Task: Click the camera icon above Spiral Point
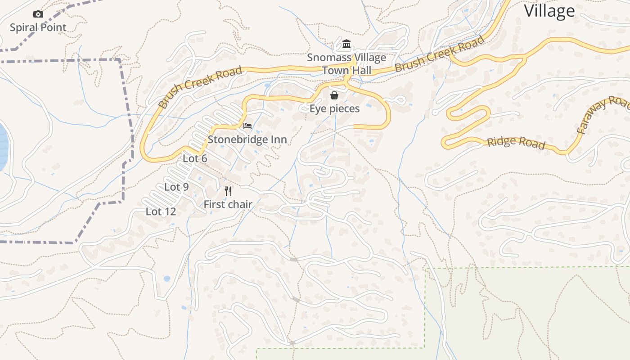38,14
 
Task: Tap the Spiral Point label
38,27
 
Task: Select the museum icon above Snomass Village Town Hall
346,44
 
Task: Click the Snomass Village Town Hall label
346,64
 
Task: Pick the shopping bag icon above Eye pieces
334,95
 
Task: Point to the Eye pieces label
334,108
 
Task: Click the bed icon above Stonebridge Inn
247,126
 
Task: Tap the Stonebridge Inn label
247,139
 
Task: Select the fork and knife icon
228,191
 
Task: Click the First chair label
228,204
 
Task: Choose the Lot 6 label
195,158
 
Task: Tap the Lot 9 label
176,187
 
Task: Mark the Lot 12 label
161,211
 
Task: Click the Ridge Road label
516,143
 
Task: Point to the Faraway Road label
603,115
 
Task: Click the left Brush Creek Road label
200,87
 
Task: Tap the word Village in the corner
549,11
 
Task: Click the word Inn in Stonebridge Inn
278,139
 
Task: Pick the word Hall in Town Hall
361,70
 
